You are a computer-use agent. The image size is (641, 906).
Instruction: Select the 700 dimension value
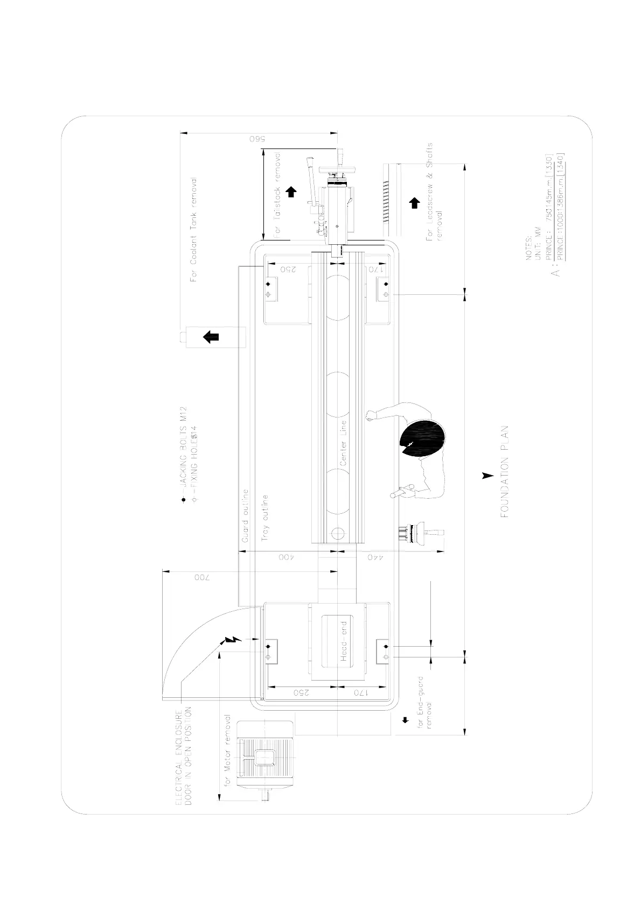[x=200, y=578]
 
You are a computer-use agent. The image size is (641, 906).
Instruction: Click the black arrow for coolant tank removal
[x=211, y=337]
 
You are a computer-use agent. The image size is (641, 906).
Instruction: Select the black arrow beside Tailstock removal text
[x=291, y=192]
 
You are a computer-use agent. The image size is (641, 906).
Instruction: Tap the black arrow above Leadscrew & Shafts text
[x=414, y=203]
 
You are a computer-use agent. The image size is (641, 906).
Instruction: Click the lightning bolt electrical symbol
[x=233, y=640]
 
